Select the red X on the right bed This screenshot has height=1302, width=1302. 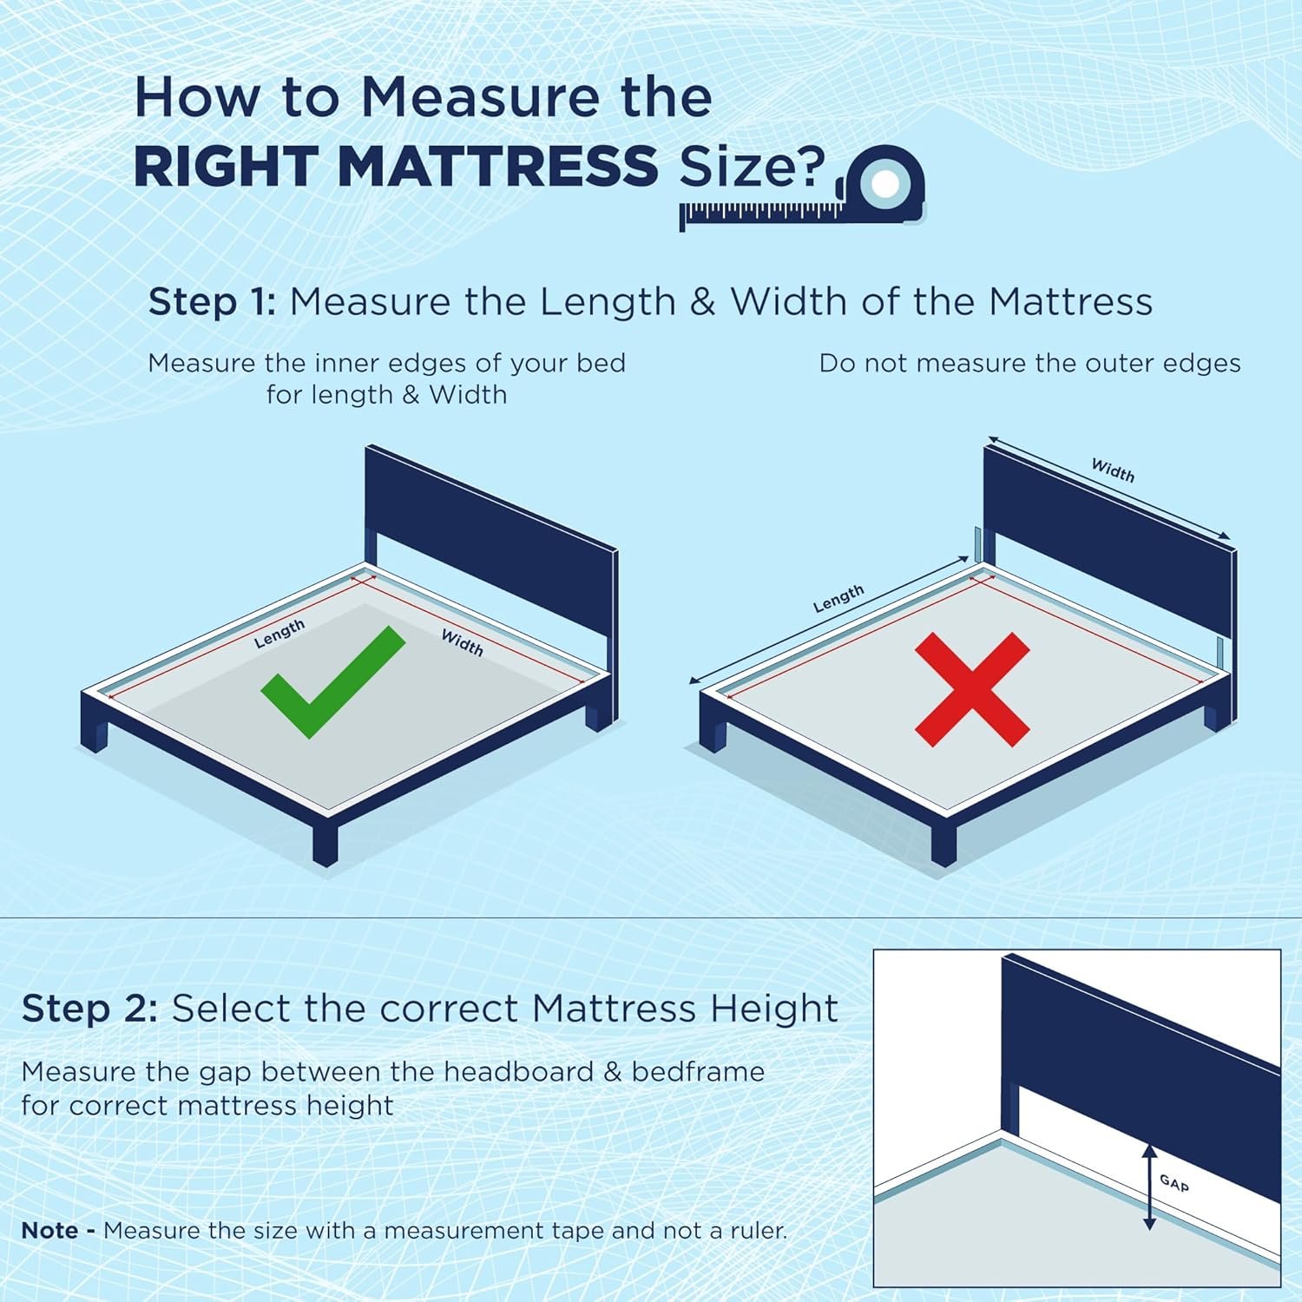tap(972, 689)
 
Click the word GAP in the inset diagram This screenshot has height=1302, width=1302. tap(1174, 1182)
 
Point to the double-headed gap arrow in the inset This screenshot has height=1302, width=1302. tap(1149, 1187)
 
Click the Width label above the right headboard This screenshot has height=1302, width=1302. tap(1113, 470)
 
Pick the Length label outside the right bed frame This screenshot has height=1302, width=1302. tap(838, 599)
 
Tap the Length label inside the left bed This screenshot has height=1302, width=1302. tap(279, 634)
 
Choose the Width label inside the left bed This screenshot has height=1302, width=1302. tap(462, 642)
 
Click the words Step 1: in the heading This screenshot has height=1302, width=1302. tap(212, 302)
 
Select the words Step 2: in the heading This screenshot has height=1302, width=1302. tap(89, 1009)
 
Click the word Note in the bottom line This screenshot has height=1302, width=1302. tap(49, 1230)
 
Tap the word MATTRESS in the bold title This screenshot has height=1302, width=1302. tap(498, 166)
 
